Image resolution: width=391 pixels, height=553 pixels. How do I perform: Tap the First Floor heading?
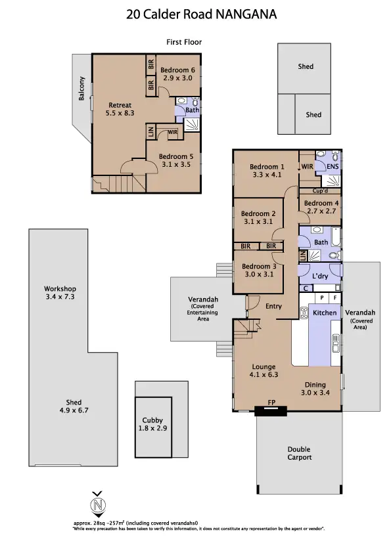pos(184,42)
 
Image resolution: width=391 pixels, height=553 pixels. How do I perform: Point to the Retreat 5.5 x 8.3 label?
pos(120,109)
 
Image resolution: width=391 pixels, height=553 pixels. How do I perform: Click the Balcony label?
pos(82,89)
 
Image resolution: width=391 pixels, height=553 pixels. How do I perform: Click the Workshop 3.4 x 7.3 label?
pos(60,293)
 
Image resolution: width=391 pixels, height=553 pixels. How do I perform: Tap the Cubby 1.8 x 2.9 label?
pos(152,424)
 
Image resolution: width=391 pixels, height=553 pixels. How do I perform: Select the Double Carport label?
pos(299,453)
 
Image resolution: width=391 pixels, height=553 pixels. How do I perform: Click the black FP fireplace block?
pos(271,411)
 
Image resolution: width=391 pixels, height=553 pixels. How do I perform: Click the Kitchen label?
pos(325,313)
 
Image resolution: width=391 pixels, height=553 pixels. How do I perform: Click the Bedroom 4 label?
pos(319,208)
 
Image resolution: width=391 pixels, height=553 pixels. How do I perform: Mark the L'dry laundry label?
pos(319,276)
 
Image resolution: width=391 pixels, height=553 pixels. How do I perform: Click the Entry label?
pos(273,306)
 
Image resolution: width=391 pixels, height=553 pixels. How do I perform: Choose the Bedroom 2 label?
pos(258,217)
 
